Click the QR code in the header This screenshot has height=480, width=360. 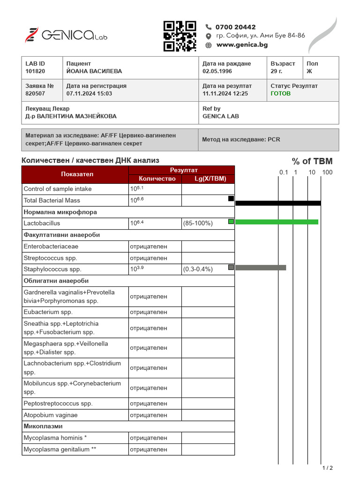point(180,36)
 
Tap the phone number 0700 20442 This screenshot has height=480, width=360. point(235,27)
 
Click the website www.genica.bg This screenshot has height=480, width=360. point(242,45)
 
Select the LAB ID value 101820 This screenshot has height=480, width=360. point(35,71)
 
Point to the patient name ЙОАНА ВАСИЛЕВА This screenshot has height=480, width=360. point(94,71)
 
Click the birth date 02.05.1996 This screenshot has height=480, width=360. point(217,71)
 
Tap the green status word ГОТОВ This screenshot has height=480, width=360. point(280,94)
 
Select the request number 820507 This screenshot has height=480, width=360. point(35,94)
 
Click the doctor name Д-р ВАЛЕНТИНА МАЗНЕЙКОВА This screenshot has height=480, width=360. point(71,116)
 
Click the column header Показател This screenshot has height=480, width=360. point(75,174)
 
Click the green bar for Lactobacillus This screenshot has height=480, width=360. point(277,222)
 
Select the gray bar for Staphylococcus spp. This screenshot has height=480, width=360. point(260,268)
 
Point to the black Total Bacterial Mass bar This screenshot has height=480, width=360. point(277,203)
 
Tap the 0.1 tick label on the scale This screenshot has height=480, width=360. point(284,172)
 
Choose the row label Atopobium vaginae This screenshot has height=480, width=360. point(51,415)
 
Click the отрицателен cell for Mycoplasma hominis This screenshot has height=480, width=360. point(148,438)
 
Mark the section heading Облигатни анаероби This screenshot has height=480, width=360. point(56,281)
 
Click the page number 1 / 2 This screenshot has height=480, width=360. point(327,468)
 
